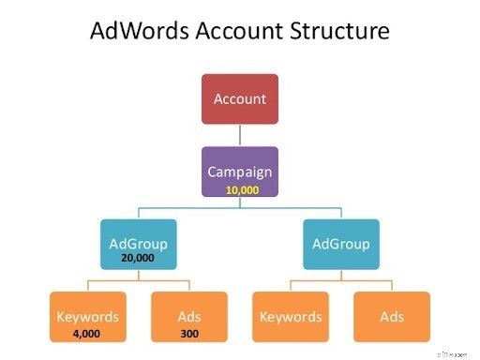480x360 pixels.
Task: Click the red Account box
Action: coord(240,98)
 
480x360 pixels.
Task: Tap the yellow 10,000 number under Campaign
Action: coord(240,188)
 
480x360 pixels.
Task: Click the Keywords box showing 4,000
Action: coord(87,316)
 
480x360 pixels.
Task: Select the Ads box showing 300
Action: coord(190,316)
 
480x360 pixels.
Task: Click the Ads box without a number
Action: coord(392,316)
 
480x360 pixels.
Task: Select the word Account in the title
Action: coord(233,32)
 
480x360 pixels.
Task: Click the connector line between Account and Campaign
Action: coord(240,135)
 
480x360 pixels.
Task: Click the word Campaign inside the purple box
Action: coord(240,172)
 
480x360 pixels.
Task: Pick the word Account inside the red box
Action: coord(240,98)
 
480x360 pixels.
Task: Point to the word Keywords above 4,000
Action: coord(87,315)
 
